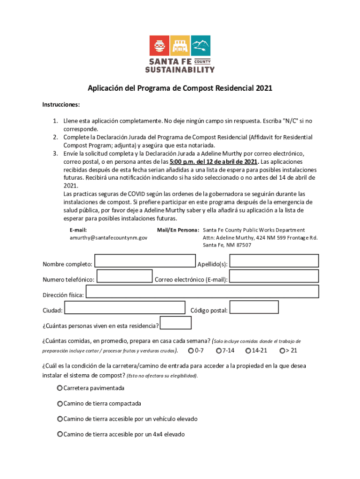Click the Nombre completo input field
tap(145, 261)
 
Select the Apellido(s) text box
tap(274, 261)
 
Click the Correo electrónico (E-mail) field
tap(274, 276)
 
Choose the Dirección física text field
tap(202, 292)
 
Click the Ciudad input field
tap(124, 307)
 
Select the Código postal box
tap(254, 307)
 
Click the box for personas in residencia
tap(176, 323)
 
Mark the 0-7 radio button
tap(191, 350)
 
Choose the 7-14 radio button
tap(218, 350)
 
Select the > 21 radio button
tap(282, 350)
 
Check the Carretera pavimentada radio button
tap(60, 388)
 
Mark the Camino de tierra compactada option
tap(60, 404)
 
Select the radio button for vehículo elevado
tap(60, 419)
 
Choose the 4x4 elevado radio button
tap(60, 435)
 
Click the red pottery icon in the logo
tap(159, 46)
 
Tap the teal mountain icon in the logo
tap(201, 46)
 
